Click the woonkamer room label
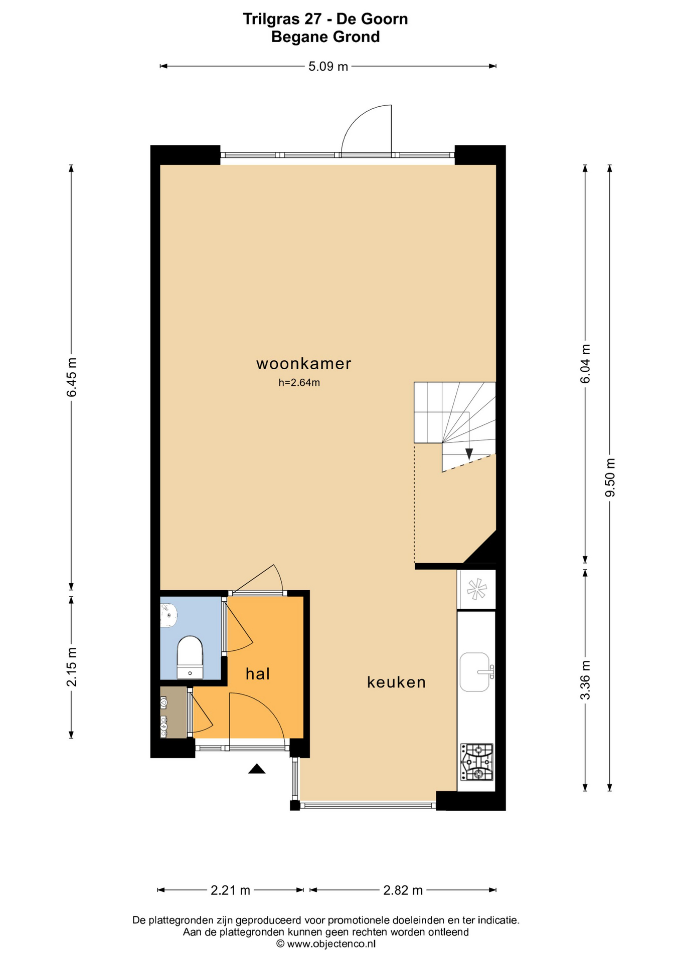303,364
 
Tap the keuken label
396,682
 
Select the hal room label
258,674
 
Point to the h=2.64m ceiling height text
299,383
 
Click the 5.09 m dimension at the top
328,66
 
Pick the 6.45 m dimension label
72,377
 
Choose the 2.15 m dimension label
72,667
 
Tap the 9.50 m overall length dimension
610,477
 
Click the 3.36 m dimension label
585,680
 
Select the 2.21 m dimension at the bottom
230,890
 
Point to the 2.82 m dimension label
403,890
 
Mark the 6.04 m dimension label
585,364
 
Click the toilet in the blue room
190,657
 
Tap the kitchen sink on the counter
475,672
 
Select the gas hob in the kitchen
477,762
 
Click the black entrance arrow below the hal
257,769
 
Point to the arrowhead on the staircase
469,454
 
